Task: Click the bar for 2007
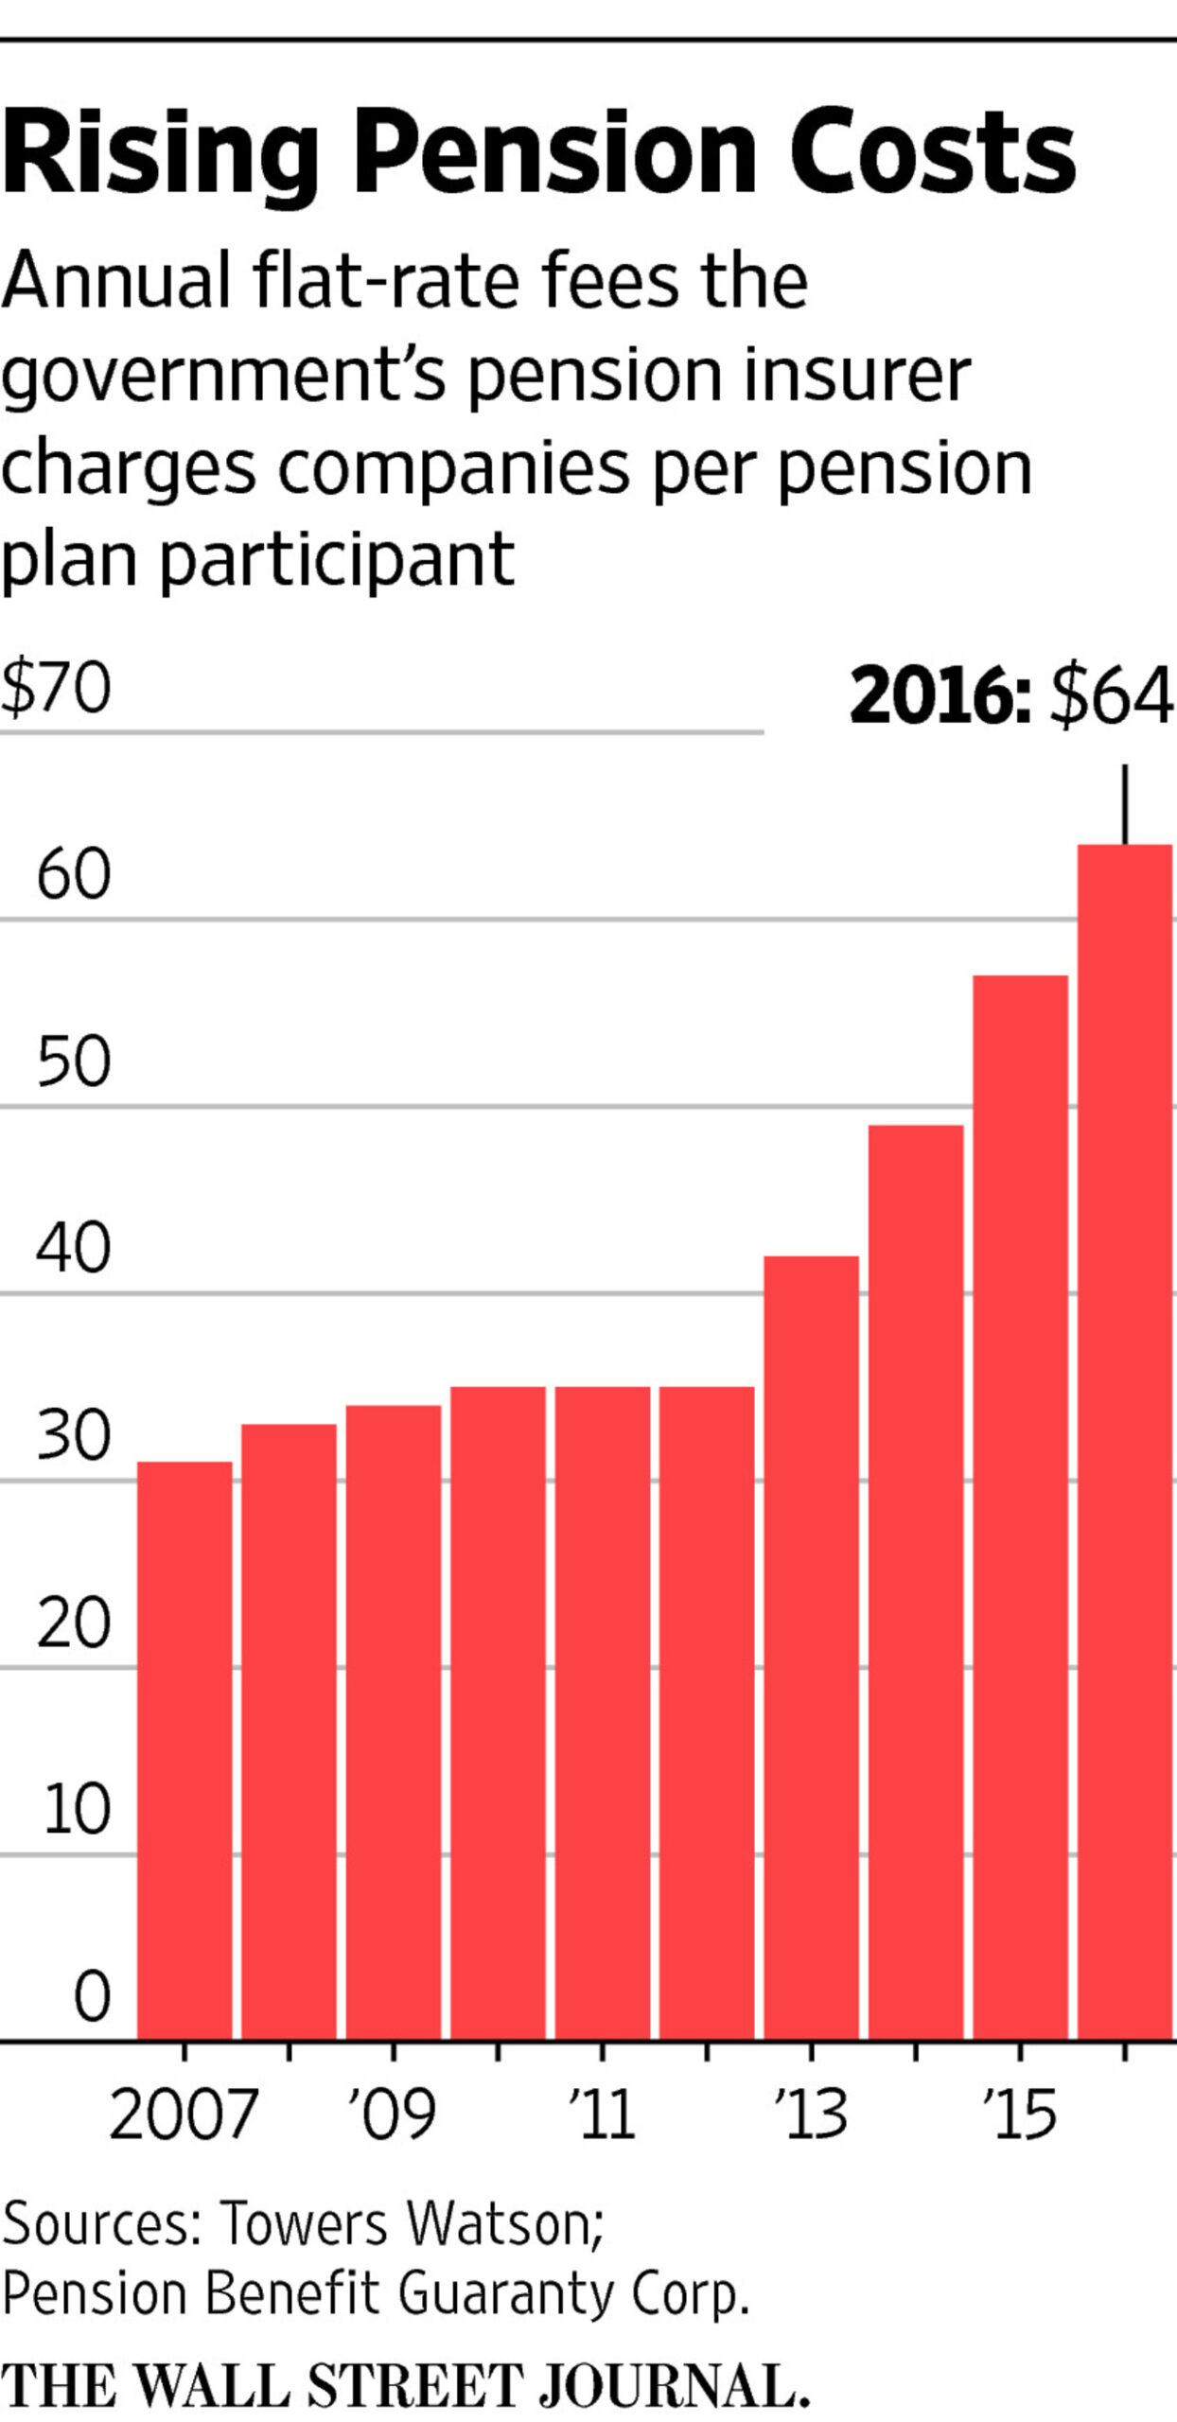(x=184, y=1750)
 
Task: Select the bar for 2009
(x=394, y=1722)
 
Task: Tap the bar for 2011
(x=603, y=1712)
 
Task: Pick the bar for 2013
(x=812, y=1646)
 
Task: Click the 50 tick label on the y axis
(x=74, y=1062)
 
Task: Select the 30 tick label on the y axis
(x=74, y=1436)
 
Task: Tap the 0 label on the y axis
(x=92, y=1997)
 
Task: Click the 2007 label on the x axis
(x=184, y=2115)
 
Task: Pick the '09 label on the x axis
(x=392, y=2115)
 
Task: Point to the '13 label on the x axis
(x=810, y=2115)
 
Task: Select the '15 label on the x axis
(x=1019, y=2115)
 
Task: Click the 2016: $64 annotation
(x=1010, y=696)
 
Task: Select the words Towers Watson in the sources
(x=412, y=2223)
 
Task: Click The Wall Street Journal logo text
(x=405, y=2386)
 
